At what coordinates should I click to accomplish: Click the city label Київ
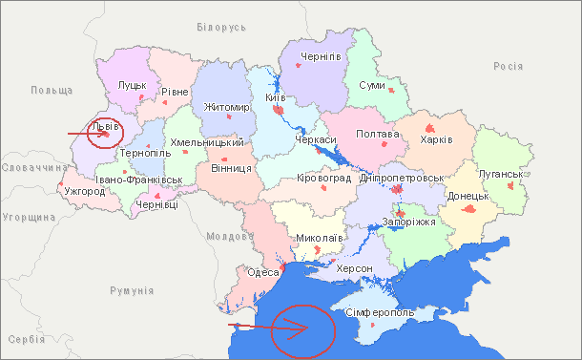pyautogui.click(x=276, y=98)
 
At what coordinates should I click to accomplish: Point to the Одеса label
pyautogui.click(x=262, y=272)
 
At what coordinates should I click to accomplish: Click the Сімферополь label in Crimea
pyautogui.click(x=380, y=313)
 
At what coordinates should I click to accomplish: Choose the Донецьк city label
pyautogui.click(x=468, y=196)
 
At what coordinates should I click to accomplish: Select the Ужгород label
pyautogui.click(x=85, y=191)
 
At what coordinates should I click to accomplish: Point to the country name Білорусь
pyautogui.click(x=220, y=28)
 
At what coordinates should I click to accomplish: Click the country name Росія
pyautogui.click(x=508, y=66)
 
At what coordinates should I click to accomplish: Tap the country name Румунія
pyautogui.click(x=132, y=290)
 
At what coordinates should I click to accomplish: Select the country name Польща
pyautogui.click(x=52, y=90)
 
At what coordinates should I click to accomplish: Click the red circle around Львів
pyautogui.click(x=100, y=134)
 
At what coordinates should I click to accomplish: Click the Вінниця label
pyautogui.click(x=231, y=168)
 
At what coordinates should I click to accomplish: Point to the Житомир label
pyautogui.click(x=226, y=107)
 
